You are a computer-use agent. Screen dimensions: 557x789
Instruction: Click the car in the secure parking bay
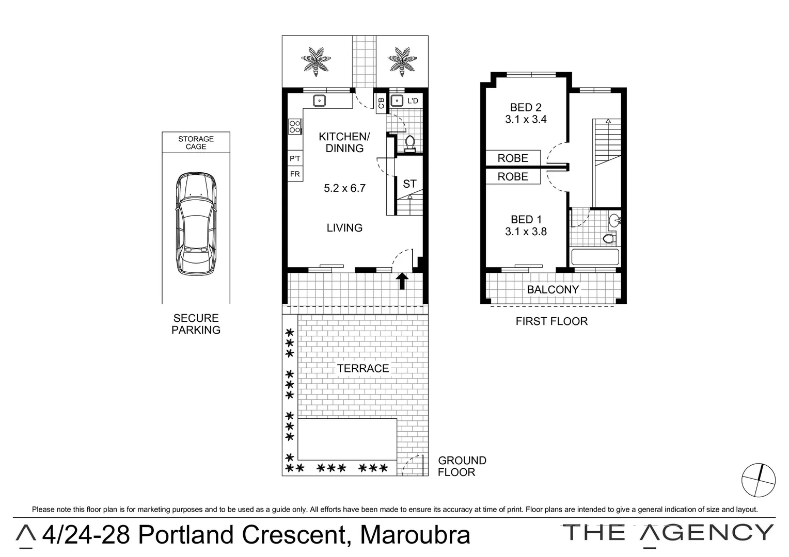196,224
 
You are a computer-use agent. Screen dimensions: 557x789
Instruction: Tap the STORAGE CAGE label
196,142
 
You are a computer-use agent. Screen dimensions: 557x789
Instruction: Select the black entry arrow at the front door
402,281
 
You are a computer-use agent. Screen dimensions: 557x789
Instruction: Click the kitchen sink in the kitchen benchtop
320,101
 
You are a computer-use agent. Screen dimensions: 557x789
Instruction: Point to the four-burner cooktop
295,126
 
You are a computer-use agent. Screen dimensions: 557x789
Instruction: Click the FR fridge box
295,174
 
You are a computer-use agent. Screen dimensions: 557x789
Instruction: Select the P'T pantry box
295,158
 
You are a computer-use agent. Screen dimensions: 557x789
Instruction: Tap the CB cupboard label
381,102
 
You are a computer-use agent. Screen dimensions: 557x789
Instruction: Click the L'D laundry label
413,101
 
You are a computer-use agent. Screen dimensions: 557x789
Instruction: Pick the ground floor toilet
411,143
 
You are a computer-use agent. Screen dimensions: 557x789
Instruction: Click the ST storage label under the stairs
409,184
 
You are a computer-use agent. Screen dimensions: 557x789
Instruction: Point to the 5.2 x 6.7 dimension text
344,188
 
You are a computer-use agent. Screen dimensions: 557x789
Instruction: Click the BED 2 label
526,107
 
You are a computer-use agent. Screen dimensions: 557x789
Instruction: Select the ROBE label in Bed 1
513,176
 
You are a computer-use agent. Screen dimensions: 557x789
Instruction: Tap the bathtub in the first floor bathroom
595,257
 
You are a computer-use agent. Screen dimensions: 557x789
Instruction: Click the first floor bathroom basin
614,221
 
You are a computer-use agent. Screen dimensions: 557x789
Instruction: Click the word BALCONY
553,289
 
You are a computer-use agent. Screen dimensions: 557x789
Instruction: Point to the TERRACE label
363,368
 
